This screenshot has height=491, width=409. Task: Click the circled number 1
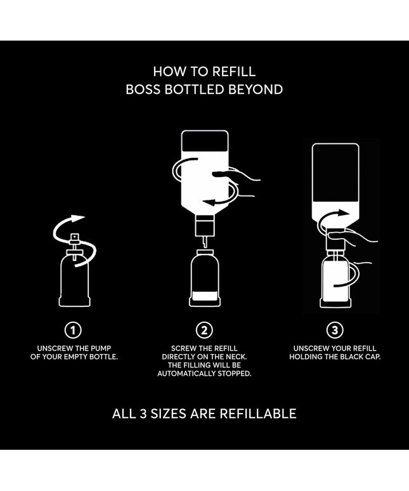[x=73, y=330]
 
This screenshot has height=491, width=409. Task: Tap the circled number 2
[x=204, y=330]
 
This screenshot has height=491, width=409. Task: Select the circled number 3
[x=335, y=330]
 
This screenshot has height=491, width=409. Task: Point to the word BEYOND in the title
[x=256, y=89]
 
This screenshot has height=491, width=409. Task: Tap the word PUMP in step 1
[x=101, y=348]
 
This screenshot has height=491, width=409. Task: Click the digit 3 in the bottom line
[x=143, y=414]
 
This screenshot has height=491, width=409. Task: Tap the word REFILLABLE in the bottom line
[x=258, y=414]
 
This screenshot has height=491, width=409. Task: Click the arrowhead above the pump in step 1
[x=77, y=218]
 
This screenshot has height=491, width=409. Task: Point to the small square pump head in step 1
[x=75, y=237]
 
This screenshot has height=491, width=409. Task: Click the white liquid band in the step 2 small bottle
[x=205, y=296]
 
